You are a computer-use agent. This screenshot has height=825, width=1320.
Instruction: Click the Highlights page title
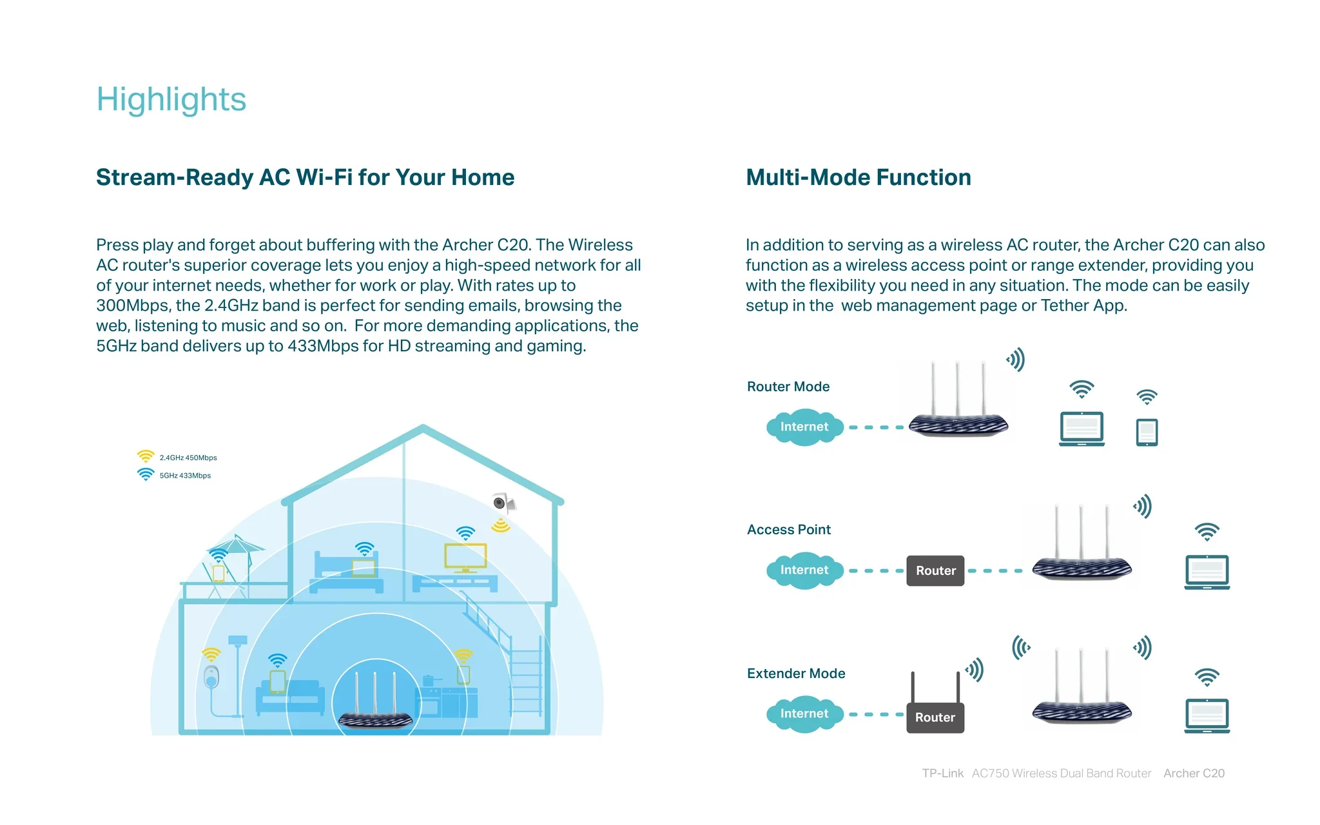pyautogui.click(x=171, y=100)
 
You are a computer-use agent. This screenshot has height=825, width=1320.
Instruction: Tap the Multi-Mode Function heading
pyautogui.click(x=859, y=177)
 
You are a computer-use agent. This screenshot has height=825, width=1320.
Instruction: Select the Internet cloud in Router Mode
pyautogui.click(x=804, y=427)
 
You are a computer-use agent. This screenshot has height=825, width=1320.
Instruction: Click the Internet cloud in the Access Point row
pyautogui.click(x=804, y=570)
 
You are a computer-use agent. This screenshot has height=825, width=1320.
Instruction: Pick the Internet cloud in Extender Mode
pyautogui.click(x=804, y=713)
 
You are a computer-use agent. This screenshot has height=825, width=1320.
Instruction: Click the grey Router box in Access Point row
pyautogui.click(x=935, y=570)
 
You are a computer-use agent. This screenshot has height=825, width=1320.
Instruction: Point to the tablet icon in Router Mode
pyautogui.click(x=1147, y=432)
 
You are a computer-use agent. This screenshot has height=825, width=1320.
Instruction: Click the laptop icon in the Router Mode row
pyautogui.click(x=1082, y=429)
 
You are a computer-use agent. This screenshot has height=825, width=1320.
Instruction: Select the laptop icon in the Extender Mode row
pyautogui.click(x=1207, y=715)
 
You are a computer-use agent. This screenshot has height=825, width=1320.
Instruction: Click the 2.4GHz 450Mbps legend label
pyautogui.click(x=188, y=458)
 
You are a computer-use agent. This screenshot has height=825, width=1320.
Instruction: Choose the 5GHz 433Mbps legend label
pyautogui.click(x=185, y=476)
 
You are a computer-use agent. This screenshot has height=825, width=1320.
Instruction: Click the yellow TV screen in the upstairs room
pyautogui.click(x=465, y=556)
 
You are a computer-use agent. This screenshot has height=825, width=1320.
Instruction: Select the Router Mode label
pyautogui.click(x=788, y=387)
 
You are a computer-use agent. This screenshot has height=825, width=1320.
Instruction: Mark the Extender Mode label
pyautogui.click(x=796, y=674)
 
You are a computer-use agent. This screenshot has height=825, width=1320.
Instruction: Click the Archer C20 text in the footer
pyautogui.click(x=1194, y=773)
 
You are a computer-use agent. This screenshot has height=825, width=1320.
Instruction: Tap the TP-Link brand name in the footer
pyautogui.click(x=942, y=773)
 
